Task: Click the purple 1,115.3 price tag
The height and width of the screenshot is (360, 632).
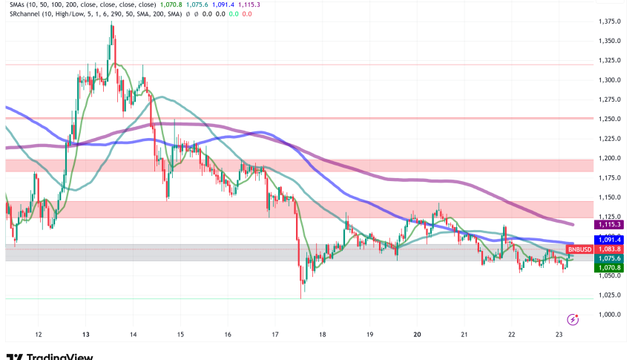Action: pyautogui.click(x=608, y=223)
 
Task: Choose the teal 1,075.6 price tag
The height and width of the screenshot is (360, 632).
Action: pyautogui.click(x=608, y=258)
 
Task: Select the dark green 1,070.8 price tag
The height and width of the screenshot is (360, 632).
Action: pyautogui.click(x=608, y=267)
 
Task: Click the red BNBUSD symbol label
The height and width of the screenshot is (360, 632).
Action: pyautogui.click(x=579, y=249)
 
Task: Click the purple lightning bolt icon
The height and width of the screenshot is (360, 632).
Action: pyautogui.click(x=573, y=319)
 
